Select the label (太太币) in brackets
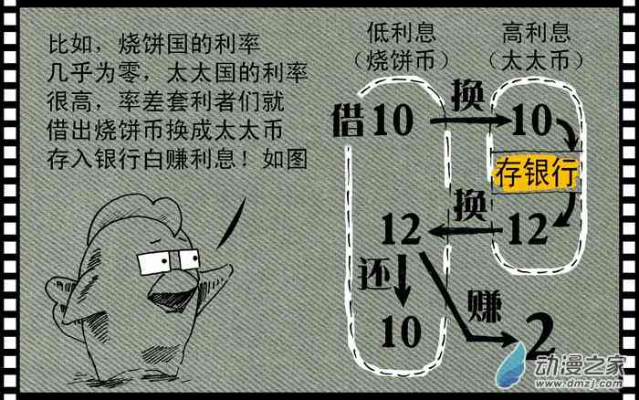click(x=536, y=62)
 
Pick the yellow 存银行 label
click(x=536, y=172)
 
